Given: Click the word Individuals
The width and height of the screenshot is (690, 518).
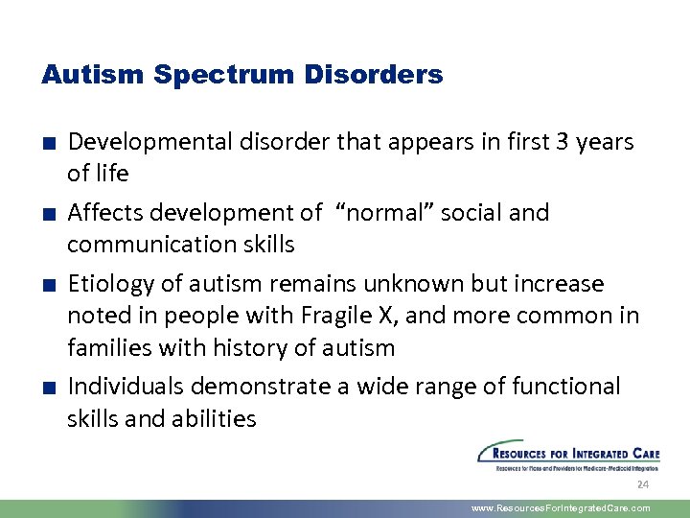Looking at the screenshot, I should (126, 387).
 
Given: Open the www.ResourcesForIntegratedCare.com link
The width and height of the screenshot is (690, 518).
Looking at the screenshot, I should (561, 508).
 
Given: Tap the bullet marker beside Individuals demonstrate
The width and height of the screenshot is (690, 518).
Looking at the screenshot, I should (47, 388).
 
